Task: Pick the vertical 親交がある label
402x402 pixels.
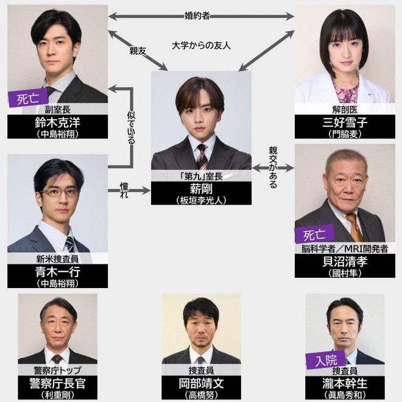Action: point(272,167)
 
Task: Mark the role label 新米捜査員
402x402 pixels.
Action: point(58,258)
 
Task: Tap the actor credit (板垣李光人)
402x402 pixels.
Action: point(201,200)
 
